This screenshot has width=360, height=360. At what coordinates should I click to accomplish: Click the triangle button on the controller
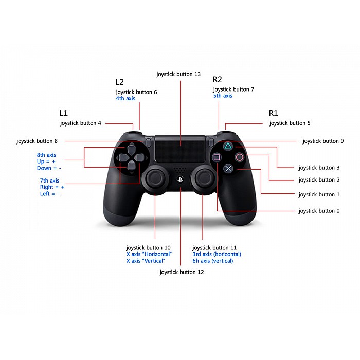click(228, 146)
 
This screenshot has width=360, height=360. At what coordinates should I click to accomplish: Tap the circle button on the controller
click(240, 157)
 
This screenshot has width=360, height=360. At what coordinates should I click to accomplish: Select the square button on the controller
click(217, 157)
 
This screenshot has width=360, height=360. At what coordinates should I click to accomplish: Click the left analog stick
click(156, 178)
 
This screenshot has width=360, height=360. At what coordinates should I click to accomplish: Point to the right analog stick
click(203, 178)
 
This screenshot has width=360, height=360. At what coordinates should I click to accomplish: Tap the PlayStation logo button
click(180, 179)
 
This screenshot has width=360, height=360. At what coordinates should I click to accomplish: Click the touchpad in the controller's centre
click(180, 149)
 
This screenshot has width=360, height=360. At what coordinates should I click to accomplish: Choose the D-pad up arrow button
click(131, 149)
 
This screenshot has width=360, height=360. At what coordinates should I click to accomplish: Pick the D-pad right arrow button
click(139, 157)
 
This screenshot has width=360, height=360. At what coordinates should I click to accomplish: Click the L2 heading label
click(119, 82)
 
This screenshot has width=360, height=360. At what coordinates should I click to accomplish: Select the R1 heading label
click(273, 113)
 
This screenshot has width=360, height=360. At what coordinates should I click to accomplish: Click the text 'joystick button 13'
click(178, 74)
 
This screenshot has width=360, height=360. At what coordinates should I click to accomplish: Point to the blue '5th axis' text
click(223, 96)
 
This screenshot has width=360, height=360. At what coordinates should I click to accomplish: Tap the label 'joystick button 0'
click(319, 211)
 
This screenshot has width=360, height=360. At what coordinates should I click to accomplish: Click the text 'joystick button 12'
click(182, 272)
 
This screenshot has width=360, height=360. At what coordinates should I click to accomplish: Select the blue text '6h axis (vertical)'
click(213, 261)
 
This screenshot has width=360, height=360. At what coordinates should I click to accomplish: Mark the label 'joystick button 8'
click(37, 141)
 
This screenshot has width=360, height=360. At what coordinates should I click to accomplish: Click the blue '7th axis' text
click(49, 181)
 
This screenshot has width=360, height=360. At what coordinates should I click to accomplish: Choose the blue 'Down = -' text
click(49, 168)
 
